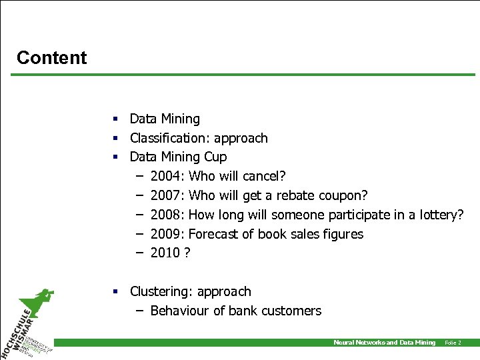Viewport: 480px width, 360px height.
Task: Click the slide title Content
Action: (x=51, y=58)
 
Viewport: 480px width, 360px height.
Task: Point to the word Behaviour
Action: (x=181, y=311)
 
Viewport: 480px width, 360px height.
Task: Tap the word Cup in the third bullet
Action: (x=215, y=157)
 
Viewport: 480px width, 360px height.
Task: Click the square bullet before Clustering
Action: (x=115, y=291)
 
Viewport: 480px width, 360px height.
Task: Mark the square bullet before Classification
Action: (x=115, y=138)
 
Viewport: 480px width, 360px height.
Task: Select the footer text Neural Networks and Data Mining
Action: (x=384, y=343)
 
